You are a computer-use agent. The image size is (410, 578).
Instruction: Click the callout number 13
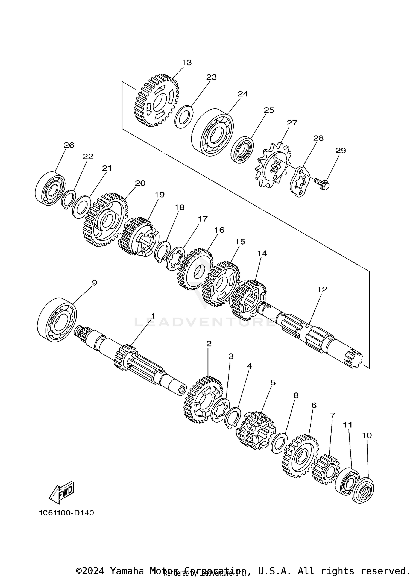[x=187, y=63]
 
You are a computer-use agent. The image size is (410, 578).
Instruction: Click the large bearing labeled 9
[x=57, y=320]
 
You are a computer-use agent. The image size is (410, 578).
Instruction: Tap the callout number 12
[x=322, y=289]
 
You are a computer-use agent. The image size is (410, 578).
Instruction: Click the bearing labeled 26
[x=50, y=189]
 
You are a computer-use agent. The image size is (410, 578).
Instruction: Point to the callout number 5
[x=273, y=382]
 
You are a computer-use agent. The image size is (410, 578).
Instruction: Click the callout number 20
[x=140, y=183]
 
